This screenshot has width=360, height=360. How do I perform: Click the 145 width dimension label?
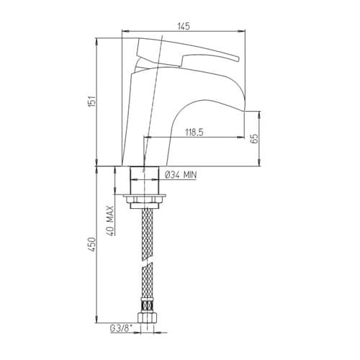(184, 26)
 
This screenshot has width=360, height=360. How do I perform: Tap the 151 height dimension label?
(92, 102)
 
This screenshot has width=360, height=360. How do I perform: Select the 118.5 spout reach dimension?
(194, 132)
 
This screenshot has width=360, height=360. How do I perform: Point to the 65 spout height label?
(255, 138)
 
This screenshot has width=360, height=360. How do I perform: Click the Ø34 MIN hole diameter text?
(181, 175)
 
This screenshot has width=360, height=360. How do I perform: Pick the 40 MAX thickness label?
(110, 220)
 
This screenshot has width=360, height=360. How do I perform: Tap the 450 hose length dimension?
(92, 244)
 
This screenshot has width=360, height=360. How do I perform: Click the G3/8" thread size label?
(121, 328)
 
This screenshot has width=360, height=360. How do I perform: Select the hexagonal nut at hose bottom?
(148, 318)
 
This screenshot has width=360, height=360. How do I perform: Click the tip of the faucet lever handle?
(238, 59)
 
